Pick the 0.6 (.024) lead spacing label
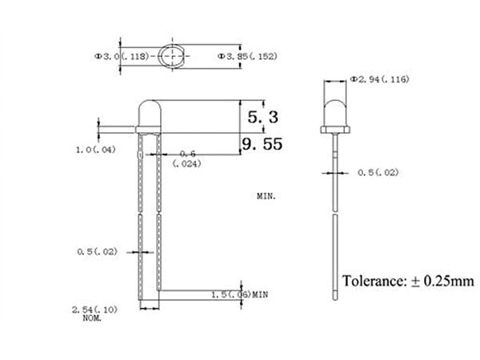pyautogui.click(x=187, y=158)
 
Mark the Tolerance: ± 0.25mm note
pyautogui.click(x=408, y=281)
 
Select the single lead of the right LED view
pyautogui.click(x=332, y=224)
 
